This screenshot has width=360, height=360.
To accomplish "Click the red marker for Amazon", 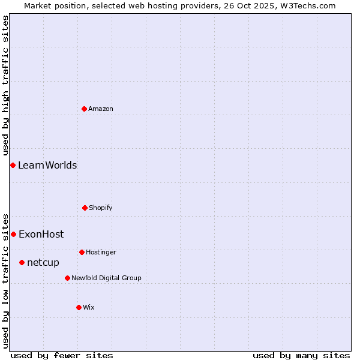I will pos(84,109).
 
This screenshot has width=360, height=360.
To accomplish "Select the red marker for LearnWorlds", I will pos(13,165).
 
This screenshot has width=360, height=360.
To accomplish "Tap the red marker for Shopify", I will pos(85,208).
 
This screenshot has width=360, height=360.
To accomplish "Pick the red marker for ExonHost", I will pos(13,234).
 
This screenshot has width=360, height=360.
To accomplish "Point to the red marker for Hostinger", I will pos(82,252).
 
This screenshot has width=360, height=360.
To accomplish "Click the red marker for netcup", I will pos(22,262).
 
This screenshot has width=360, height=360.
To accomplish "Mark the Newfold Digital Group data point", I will pos(67,278).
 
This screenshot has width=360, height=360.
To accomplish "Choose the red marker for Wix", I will pos(79,307).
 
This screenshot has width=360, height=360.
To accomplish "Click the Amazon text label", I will pos(101,109).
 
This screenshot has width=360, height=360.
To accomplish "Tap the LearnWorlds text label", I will pos(47,165).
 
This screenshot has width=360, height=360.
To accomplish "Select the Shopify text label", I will pos(101,208).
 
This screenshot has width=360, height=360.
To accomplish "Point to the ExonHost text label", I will pos(41,234).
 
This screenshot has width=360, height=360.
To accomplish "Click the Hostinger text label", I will pos(101,252).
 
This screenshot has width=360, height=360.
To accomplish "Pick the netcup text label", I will pos(43,262).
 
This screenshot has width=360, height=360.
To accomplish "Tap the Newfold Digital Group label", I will pos(106,278).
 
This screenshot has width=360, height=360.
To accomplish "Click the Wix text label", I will pos(89,307).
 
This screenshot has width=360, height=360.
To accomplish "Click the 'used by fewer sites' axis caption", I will pos(62,355).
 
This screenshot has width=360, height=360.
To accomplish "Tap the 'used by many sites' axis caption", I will pos(301,355).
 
